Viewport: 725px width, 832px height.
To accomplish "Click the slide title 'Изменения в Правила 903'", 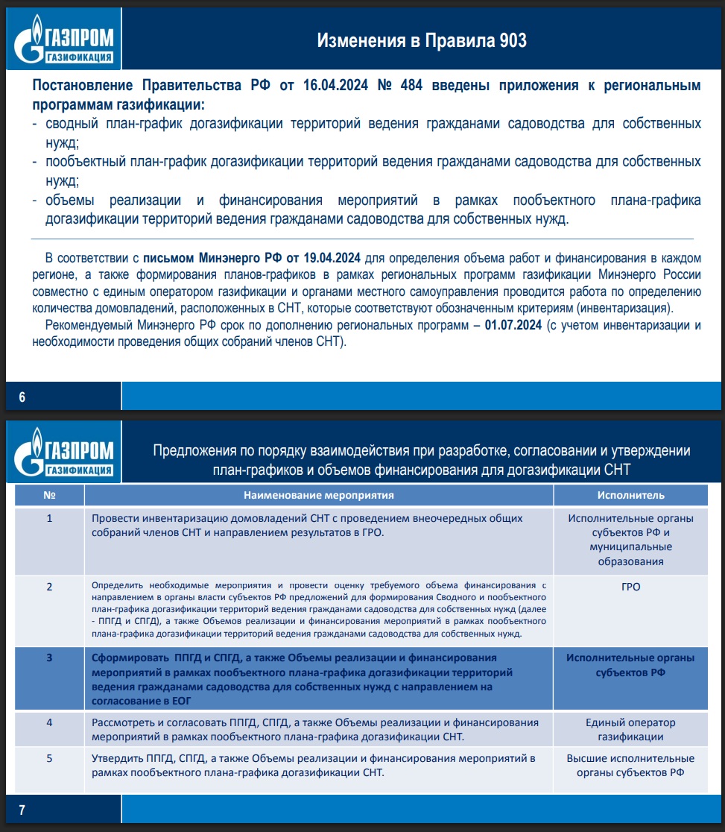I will [x=422, y=40].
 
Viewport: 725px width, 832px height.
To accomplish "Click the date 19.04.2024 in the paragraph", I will [x=332, y=259].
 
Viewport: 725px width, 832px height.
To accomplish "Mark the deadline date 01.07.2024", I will [x=513, y=326].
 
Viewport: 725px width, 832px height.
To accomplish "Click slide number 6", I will [x=22, y=397].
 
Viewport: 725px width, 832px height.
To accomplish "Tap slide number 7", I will [x=22, y=810].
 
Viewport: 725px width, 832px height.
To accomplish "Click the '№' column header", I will [x=49, y=495].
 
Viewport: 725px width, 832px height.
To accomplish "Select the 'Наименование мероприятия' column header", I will [x=318, y=495].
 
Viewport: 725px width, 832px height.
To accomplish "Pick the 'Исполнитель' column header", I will [x=630, y=495].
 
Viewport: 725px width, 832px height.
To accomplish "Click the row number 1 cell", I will [x=49, y=518].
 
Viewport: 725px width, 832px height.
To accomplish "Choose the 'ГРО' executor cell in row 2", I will [x=630, y=587].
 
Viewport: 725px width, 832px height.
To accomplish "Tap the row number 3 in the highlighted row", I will [x=49, y=658].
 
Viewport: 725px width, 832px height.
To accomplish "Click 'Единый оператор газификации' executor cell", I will [x=630, y=730].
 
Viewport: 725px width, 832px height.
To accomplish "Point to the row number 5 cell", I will [x=49, y=758].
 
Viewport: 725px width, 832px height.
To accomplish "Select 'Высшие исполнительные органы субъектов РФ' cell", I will [x=630, y=766].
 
